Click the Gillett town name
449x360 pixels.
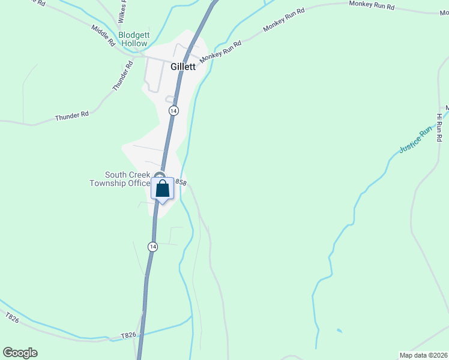183,67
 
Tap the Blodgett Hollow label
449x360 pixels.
133,40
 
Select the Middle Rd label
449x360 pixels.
103,36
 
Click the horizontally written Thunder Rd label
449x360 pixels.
71,116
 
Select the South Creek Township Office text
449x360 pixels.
119,179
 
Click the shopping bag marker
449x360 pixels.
163,190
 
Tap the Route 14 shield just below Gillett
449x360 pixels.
173,111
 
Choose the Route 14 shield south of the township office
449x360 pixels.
152,247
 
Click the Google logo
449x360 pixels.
20,353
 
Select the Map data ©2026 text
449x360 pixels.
423,355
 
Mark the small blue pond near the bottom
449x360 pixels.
340,330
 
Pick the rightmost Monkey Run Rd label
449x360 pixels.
372,7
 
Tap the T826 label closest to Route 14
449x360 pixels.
129,335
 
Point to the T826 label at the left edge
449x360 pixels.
12,317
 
